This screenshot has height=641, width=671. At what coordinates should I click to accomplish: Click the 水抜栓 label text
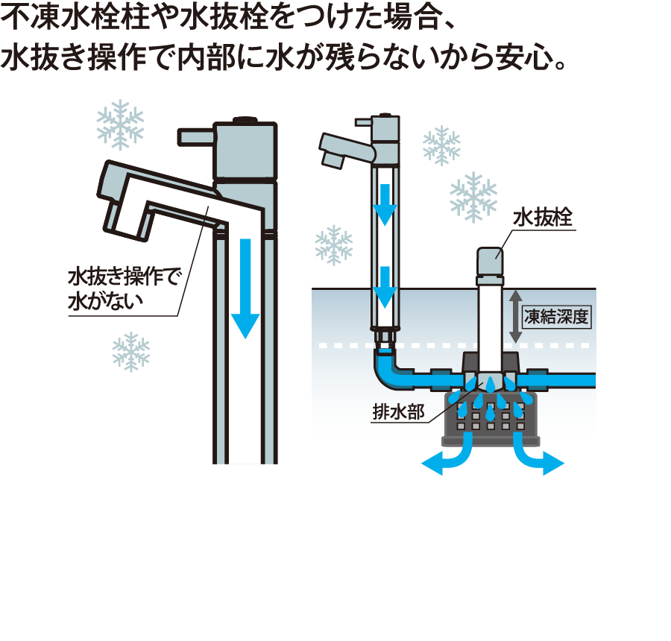[x=542, y=218]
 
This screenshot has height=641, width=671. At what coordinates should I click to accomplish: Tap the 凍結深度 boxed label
[x=556, y=317]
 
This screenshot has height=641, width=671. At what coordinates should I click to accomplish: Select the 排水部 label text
[x=398, y=411]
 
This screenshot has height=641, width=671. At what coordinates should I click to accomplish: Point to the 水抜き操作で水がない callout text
[x=124, y=288]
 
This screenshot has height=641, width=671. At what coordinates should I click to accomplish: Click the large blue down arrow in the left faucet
[x=245, y=288]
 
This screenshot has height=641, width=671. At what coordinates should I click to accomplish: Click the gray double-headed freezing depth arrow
[x=516, y=317]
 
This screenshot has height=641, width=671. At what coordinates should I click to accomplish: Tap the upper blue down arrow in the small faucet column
[x=385, y=204]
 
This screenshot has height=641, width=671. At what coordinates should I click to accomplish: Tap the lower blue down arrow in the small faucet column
[x=385, y=287]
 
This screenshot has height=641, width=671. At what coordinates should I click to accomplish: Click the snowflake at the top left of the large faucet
[x=120, y=125]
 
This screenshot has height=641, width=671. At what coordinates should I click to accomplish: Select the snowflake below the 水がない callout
[x=131, y=352]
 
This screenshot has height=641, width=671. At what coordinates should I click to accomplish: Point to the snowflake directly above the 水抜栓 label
[x=473, y=197]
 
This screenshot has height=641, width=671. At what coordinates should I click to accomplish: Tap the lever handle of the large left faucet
[x=196, y=136]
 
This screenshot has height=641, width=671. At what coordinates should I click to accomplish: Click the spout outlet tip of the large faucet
[x=126, y=223]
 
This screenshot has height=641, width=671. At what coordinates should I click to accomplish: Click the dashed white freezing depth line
[x=453, y=345]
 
